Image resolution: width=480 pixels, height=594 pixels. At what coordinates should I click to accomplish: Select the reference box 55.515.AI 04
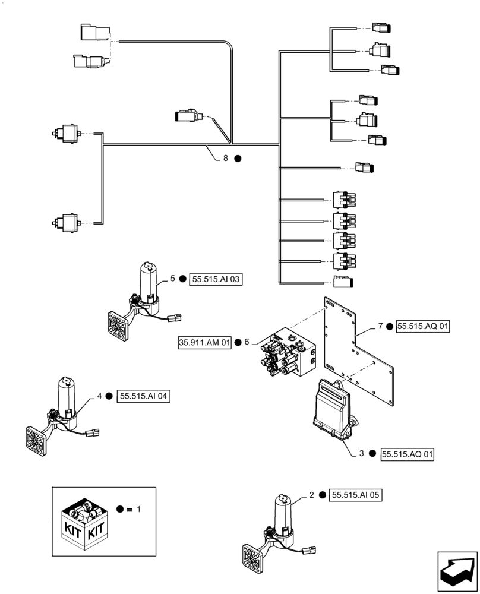pos(144,396)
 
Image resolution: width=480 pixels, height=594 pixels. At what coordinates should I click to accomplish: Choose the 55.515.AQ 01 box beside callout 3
pos(407,454)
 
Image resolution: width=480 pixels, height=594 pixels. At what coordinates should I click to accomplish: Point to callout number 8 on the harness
pos(225,159)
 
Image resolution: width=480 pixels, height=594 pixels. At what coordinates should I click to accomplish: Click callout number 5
pos(172,278)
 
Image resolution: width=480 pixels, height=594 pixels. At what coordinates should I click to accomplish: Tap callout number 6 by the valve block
pos(246,342)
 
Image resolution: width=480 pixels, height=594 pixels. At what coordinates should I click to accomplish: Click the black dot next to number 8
pos(237,159)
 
